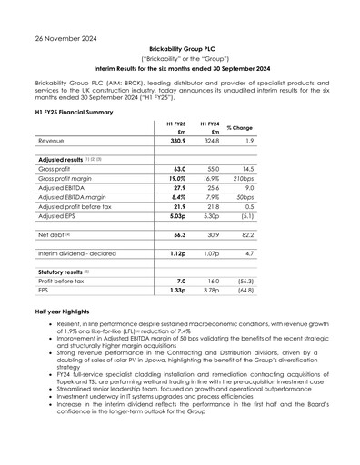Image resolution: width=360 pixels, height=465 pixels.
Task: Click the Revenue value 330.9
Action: point(176,142)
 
